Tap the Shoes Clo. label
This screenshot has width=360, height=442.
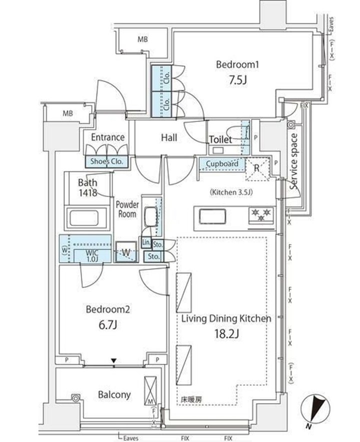tap(107, 161)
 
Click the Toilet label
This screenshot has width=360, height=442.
tap(220, 140)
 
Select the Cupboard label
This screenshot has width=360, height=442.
tap(222, 164)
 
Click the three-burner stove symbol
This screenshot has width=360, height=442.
tap(261, 215)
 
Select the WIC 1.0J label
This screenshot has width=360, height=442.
tap(91, 255)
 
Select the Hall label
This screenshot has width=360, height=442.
tap(168, 137)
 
